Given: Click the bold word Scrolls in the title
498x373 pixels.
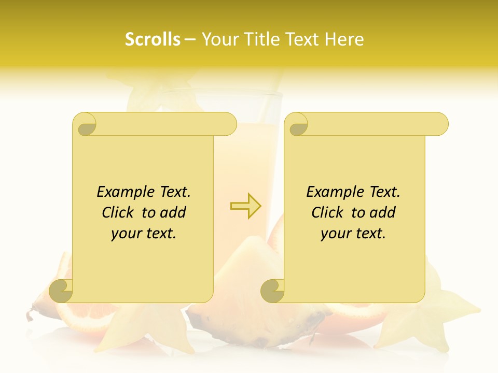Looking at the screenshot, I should (x=153, y=39).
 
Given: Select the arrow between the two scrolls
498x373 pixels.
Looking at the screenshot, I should (x=245, y=206).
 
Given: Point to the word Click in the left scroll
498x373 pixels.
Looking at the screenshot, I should (x=118, y=213).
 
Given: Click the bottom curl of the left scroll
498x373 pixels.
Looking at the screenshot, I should (x=61, y=290).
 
